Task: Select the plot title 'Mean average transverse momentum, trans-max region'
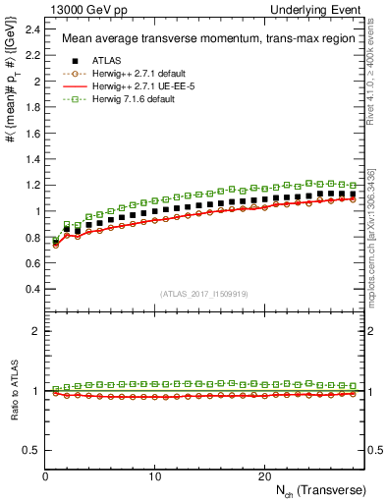(x=196, y=39)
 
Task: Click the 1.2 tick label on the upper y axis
(x=32, y=185)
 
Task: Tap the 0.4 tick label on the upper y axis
(x=32, y=289)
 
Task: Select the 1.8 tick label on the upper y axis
(x=32, y=107)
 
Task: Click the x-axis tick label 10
(x=155, y=475)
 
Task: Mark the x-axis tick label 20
(x=264, y=475)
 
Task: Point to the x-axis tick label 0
(x=46, y=475)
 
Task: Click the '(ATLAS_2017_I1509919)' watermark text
(x=204, y=293)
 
